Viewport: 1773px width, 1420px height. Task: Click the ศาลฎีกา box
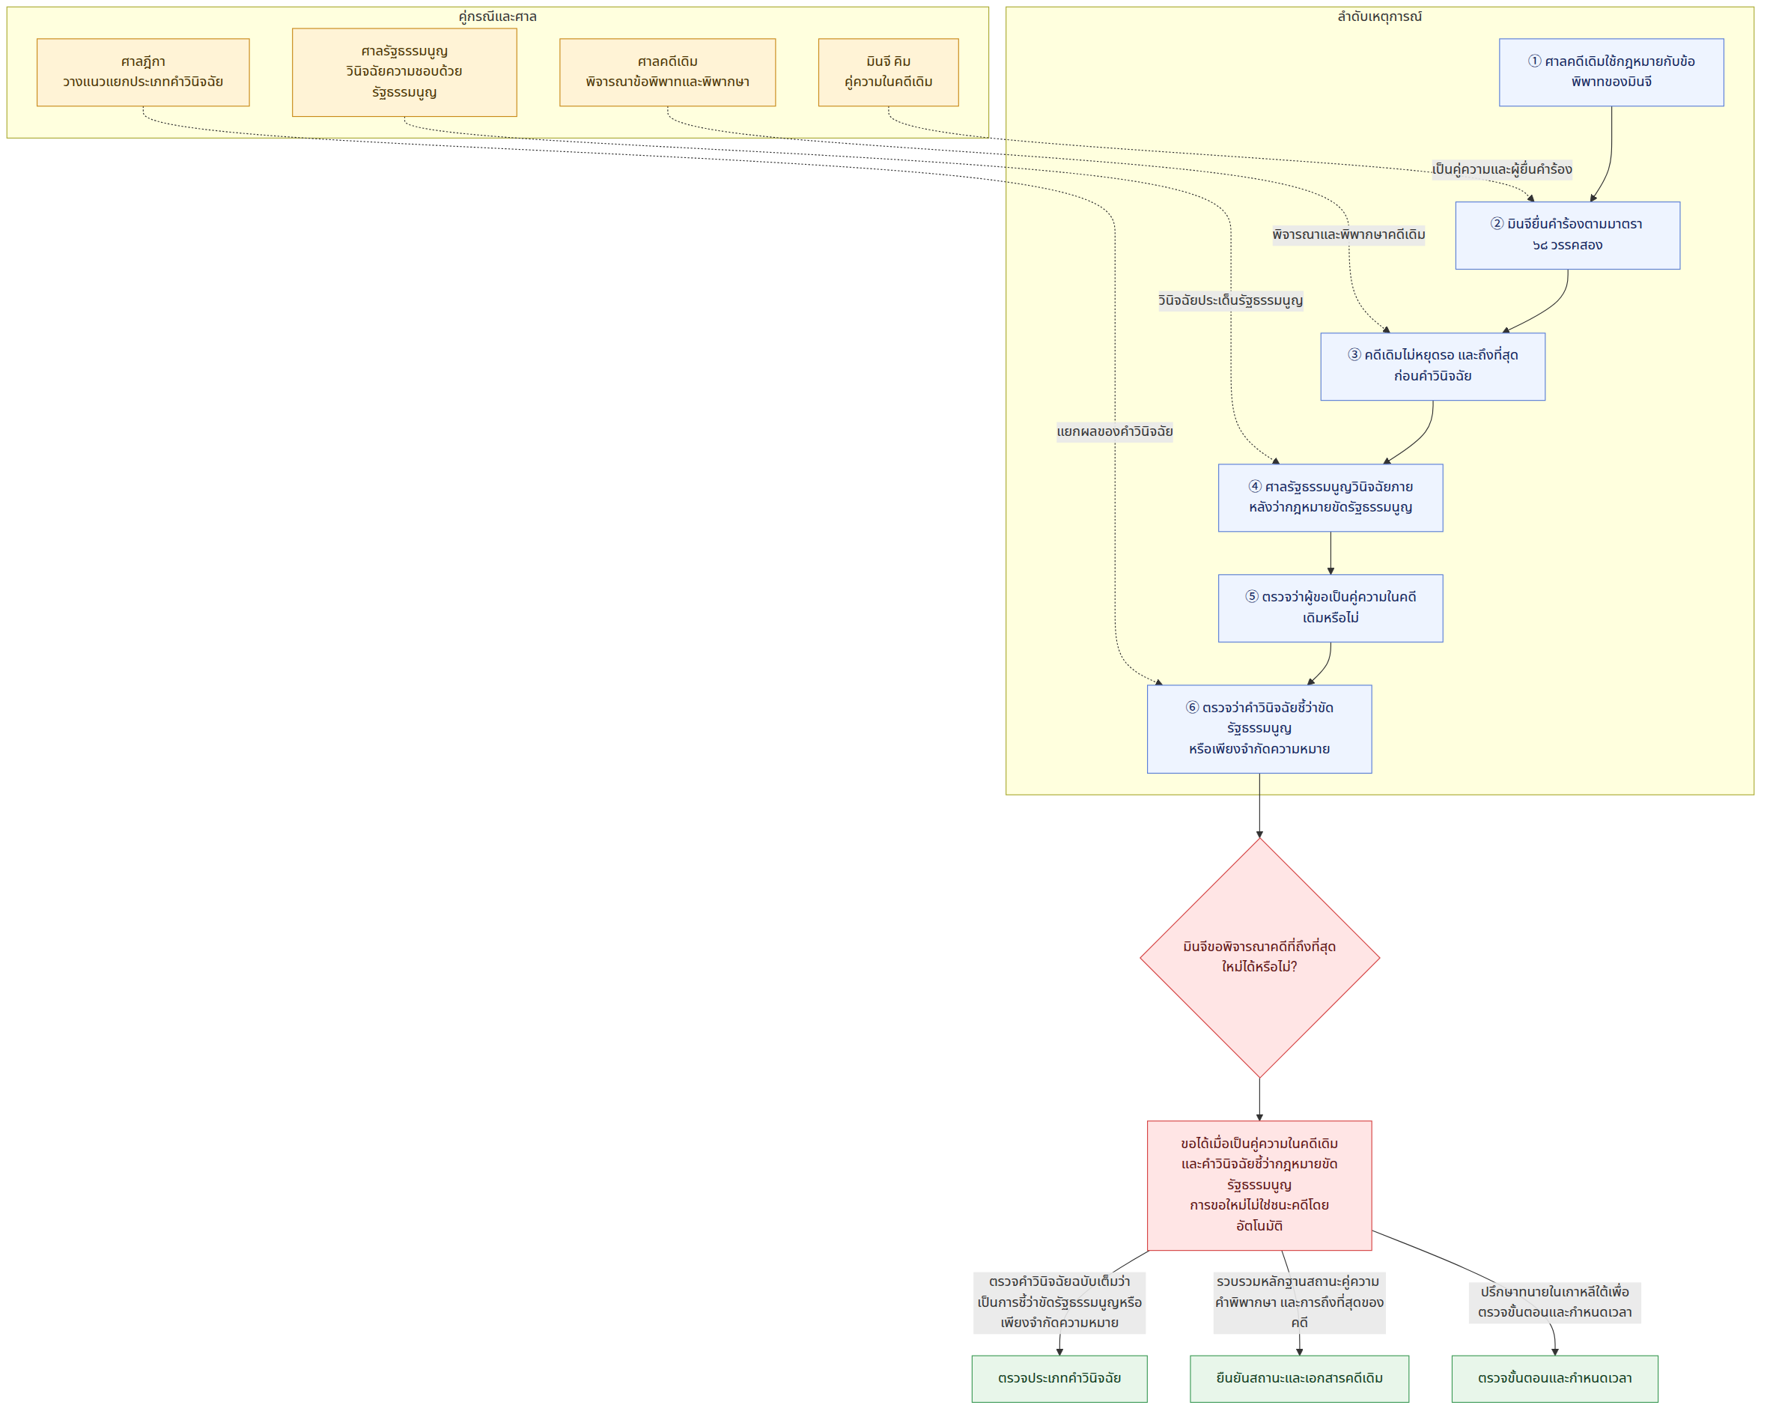pos(143,73)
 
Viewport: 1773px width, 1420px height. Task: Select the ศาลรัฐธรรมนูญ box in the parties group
pos(404,73)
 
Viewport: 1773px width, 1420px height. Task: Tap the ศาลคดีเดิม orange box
pos(667,73)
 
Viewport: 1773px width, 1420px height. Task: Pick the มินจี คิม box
pos(888,73)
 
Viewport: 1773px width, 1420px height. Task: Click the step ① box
pos(1611,73)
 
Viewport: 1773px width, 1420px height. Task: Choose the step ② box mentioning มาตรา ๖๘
pos(1567,235)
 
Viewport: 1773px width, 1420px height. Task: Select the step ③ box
pos(1432,366)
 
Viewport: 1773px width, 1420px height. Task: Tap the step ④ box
pos(1330,498)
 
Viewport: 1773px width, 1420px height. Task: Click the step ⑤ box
pos(1330,608)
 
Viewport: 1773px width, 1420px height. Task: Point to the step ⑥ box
pos(1259,729)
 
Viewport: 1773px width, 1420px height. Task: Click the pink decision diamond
pos(1259,958)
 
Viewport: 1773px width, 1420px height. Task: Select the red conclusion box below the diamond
pos(1259,1186)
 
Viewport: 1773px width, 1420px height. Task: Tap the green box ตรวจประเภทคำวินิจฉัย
pos(1059,1379)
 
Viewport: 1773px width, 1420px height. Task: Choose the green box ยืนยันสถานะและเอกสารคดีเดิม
pos(1299,1379)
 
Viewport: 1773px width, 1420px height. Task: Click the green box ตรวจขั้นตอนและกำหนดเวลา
pos(1554,1379)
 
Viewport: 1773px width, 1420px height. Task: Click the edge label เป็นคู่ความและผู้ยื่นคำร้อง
pos(1502,169)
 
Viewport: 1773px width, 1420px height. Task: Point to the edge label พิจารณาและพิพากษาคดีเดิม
pos(1348,235)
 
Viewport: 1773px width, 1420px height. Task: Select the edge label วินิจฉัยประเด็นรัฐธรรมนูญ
pos(1230,301)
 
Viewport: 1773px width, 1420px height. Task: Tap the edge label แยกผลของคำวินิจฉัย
pos(1114,432)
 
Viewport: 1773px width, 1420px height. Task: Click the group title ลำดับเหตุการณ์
pos(1379,16)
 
